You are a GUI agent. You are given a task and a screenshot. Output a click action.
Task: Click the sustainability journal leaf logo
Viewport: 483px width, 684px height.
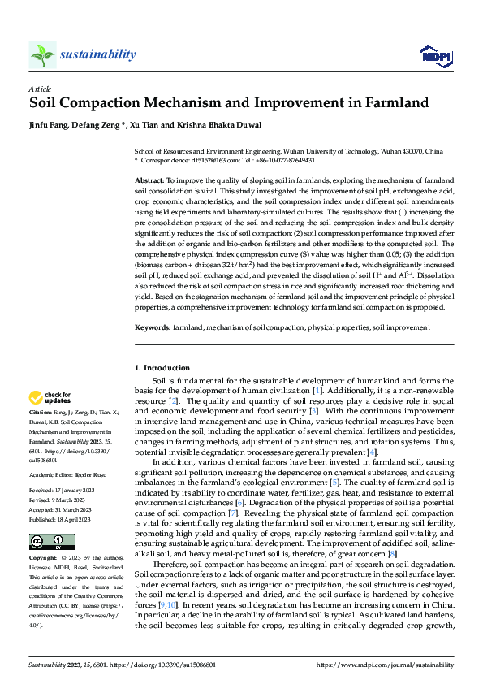pos(43,54)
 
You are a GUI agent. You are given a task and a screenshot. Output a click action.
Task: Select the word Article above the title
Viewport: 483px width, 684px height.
pos(40,89)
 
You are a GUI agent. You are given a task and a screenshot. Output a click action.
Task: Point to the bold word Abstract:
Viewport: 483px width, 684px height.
pos(149,179)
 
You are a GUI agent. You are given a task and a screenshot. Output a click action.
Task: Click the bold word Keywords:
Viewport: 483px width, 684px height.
pos(153,327)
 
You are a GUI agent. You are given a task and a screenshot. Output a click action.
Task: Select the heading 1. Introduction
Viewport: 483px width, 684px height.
pos(162,368)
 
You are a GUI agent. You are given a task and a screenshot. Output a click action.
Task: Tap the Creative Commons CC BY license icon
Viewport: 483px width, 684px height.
pos(52,542)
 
